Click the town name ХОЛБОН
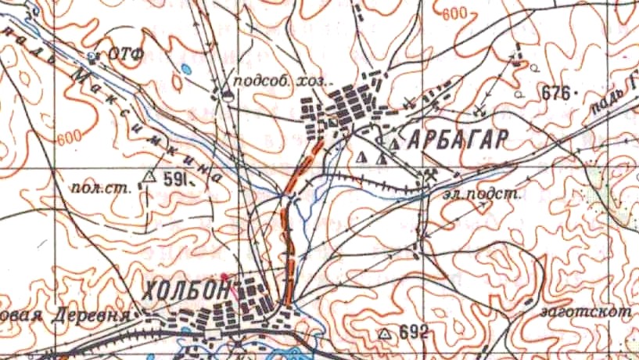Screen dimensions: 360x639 point(187,290)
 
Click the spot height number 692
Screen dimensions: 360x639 point(413,333)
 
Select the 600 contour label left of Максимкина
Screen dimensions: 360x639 point(69,137)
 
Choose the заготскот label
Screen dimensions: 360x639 point(585,311)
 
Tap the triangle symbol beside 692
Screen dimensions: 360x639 point(384,333)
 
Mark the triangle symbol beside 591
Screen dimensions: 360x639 point(150,175)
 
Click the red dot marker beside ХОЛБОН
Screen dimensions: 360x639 point(224,275)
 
